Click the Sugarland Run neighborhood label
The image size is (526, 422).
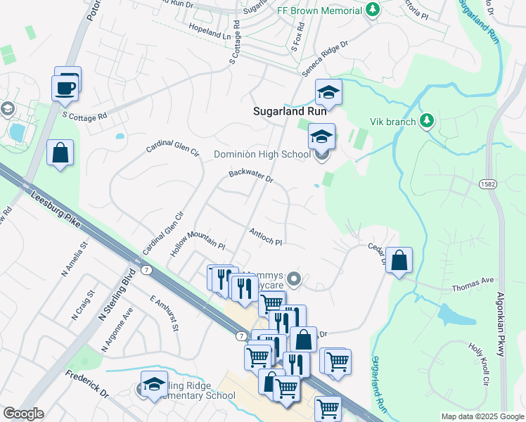288,111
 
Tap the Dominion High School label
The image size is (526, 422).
262,154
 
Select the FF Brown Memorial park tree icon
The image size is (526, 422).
373,10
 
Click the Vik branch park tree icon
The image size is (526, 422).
425,121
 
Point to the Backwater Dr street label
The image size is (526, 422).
250,176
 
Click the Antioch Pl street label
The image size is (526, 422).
265,237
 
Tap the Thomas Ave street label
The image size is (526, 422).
473,283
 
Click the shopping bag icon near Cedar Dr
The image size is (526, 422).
399,260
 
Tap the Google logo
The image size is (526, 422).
23,414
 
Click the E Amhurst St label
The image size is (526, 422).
165,313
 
